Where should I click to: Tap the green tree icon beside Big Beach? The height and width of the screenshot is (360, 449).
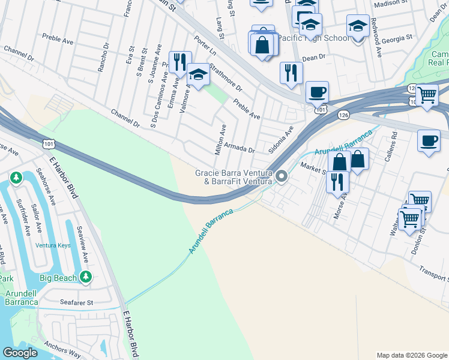tap(86, 277)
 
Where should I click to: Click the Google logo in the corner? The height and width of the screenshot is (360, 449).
tap(20, 353)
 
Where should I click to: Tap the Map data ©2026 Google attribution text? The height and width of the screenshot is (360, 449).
tap(412, 355)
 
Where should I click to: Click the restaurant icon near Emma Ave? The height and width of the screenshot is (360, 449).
tap(179, 61)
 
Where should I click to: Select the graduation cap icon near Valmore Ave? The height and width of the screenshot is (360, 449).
tap(198, 74)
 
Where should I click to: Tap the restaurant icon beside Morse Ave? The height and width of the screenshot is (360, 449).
tap(337, 181)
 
